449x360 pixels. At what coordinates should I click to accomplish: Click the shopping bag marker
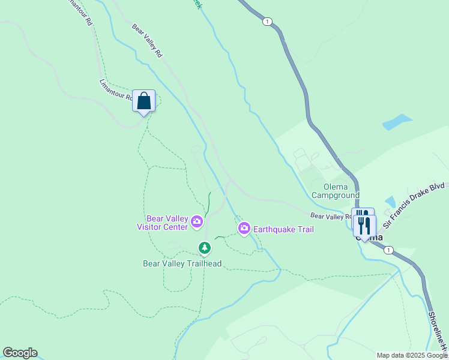[144, 101]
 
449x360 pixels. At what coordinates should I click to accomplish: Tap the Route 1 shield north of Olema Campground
[267, 22]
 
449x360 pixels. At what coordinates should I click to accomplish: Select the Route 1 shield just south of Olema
[389, 250]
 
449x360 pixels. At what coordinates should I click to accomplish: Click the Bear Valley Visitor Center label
[162, 223]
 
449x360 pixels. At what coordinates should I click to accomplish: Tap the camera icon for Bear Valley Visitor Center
[196, 223]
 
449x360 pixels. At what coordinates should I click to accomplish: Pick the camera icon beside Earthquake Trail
[244, 229]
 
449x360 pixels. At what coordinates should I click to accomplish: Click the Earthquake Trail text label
[283, 229]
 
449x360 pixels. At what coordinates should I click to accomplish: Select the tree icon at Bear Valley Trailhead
[205, 247]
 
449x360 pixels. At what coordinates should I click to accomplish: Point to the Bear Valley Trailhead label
[182, 263]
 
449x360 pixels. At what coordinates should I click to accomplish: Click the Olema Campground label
[336, 191]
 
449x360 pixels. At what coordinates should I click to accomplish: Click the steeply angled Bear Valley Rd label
[148, 40]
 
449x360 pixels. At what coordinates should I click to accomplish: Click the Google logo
[20, 353]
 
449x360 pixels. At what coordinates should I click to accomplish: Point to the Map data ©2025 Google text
[412, 355]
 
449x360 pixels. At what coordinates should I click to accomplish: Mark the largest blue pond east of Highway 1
[397, 122]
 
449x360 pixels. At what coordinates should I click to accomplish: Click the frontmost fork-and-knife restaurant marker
[364, 226]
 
